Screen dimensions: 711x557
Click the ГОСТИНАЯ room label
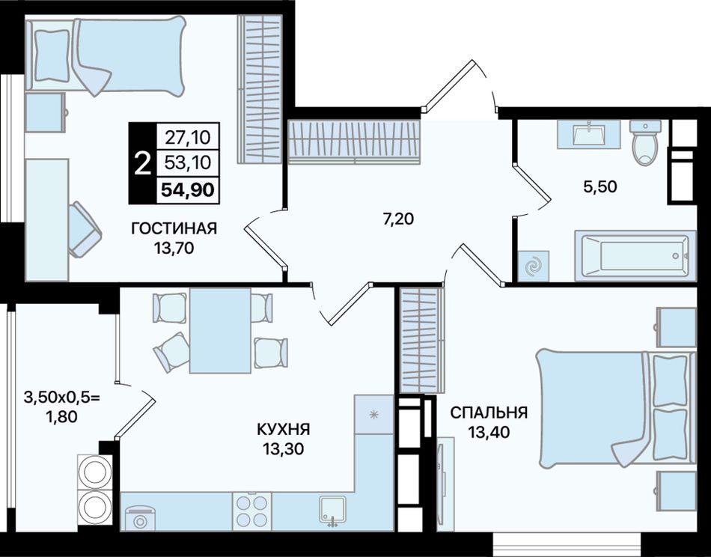(174, 228)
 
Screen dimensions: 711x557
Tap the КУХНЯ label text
(283, 429)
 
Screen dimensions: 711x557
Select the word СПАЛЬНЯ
(489, 413)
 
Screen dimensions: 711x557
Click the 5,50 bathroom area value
(600, 186)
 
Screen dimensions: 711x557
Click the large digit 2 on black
(143, 163)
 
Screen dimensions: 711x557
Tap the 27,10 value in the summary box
(188, 136)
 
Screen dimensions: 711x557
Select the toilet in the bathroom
(646, 143)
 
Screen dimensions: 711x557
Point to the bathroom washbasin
(588, 134)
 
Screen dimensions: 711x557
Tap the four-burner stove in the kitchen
(252, 511)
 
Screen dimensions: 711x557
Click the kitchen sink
(333, 511)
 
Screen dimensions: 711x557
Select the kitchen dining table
(220, 330)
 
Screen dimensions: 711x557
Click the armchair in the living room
(85, 230)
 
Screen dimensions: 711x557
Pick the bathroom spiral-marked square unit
(533, 266)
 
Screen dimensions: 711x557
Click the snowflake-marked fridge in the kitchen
(373, 415)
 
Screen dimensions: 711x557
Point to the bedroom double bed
(616, 408)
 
